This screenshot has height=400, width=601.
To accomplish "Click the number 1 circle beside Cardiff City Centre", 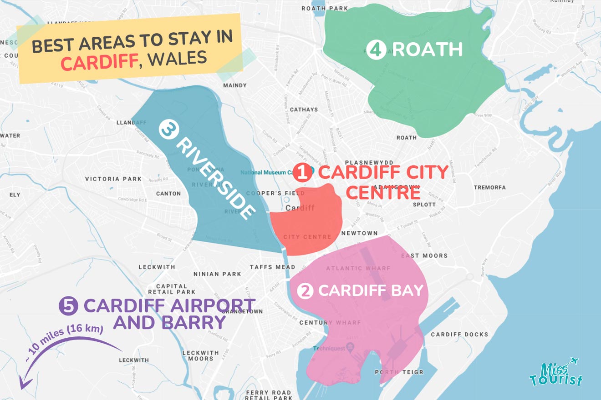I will [x=303, y=173].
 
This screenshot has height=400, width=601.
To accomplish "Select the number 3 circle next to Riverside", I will [x=167, y=130].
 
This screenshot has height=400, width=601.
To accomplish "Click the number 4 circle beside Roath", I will [x=376, y=50].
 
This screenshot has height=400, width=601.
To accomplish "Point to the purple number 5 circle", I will [x=69, y=306].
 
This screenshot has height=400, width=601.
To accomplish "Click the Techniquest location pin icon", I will [x=350, y=349].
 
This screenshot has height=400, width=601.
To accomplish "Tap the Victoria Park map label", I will [x=113, y=179].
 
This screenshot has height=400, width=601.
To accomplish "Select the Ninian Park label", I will [x=217, y=274].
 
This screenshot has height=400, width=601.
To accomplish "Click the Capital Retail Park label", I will [x=172, y=289].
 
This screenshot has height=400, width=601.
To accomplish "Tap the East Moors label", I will [x=424, y=256].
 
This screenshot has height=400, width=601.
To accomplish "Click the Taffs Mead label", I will [x=272, y=267].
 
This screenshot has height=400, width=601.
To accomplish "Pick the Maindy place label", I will [x=235, y=85].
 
